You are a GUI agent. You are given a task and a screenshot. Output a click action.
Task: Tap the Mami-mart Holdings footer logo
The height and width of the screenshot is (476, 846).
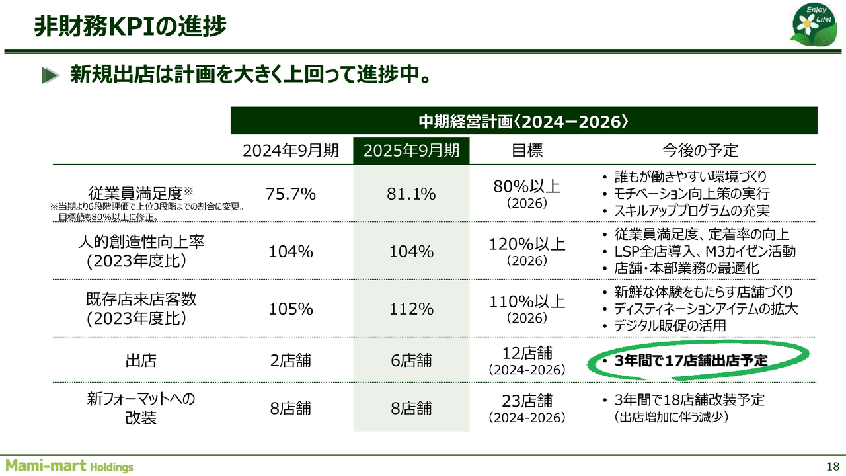point(69,465)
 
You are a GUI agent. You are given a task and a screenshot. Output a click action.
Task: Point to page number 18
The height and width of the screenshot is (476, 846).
point(832,463)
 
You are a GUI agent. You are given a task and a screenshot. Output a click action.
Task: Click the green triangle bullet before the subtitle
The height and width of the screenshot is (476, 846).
point(51,75)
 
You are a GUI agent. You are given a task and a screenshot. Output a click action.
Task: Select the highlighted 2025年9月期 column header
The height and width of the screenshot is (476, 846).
point(411,150)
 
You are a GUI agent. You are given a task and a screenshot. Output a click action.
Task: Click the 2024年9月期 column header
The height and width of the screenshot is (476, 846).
point(291,150)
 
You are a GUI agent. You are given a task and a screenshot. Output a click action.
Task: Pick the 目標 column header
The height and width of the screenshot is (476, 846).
point(527,150)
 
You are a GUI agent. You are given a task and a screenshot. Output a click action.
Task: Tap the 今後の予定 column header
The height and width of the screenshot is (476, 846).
point(699,150)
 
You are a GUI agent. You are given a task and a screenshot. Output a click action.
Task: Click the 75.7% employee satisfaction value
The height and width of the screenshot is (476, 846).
point(291,194)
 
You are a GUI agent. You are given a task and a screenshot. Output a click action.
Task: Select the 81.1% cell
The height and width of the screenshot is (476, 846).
point(411,194)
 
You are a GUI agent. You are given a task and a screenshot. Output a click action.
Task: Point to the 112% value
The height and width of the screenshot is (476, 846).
point(411,309)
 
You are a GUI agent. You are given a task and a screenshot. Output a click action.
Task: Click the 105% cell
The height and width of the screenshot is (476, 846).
point(291,309)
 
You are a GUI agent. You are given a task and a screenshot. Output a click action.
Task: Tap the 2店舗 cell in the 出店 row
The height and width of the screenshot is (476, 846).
point(291,361)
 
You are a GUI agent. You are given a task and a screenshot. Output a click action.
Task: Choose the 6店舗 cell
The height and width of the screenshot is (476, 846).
point(411,361)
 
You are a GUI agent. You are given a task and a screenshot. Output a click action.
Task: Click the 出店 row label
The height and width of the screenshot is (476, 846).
point(140,361)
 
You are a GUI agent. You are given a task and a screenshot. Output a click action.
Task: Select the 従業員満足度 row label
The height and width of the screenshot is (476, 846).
point(140,193)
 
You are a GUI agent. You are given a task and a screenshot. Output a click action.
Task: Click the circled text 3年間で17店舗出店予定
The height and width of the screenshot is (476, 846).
point(691,361)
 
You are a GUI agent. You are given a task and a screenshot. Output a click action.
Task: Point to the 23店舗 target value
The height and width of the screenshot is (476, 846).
point(527,401)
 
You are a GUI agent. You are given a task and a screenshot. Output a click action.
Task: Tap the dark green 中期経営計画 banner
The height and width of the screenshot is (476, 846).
point(523,122)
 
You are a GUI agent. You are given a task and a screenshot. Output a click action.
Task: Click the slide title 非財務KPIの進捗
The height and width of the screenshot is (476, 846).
point(130,26)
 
